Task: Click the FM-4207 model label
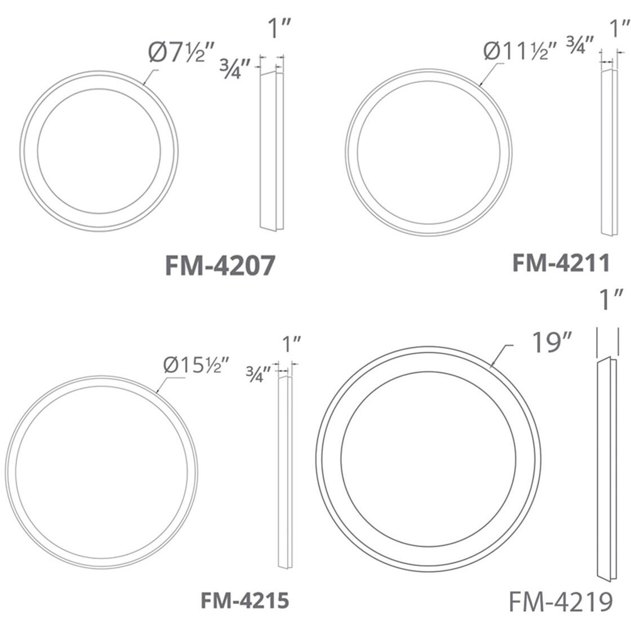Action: click(220, 265)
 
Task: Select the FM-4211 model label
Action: click(561, 263)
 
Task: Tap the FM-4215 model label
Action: click(245, 601)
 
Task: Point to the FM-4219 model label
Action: click(561, 602)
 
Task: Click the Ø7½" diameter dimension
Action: click(182, 52)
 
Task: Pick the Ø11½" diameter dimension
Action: click(521, 51)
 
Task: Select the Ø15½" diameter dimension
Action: click(196, 366)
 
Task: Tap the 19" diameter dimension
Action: click(552, 343)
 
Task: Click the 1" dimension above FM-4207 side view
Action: click(279, 28)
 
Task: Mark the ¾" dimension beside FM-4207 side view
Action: click(235, 68)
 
